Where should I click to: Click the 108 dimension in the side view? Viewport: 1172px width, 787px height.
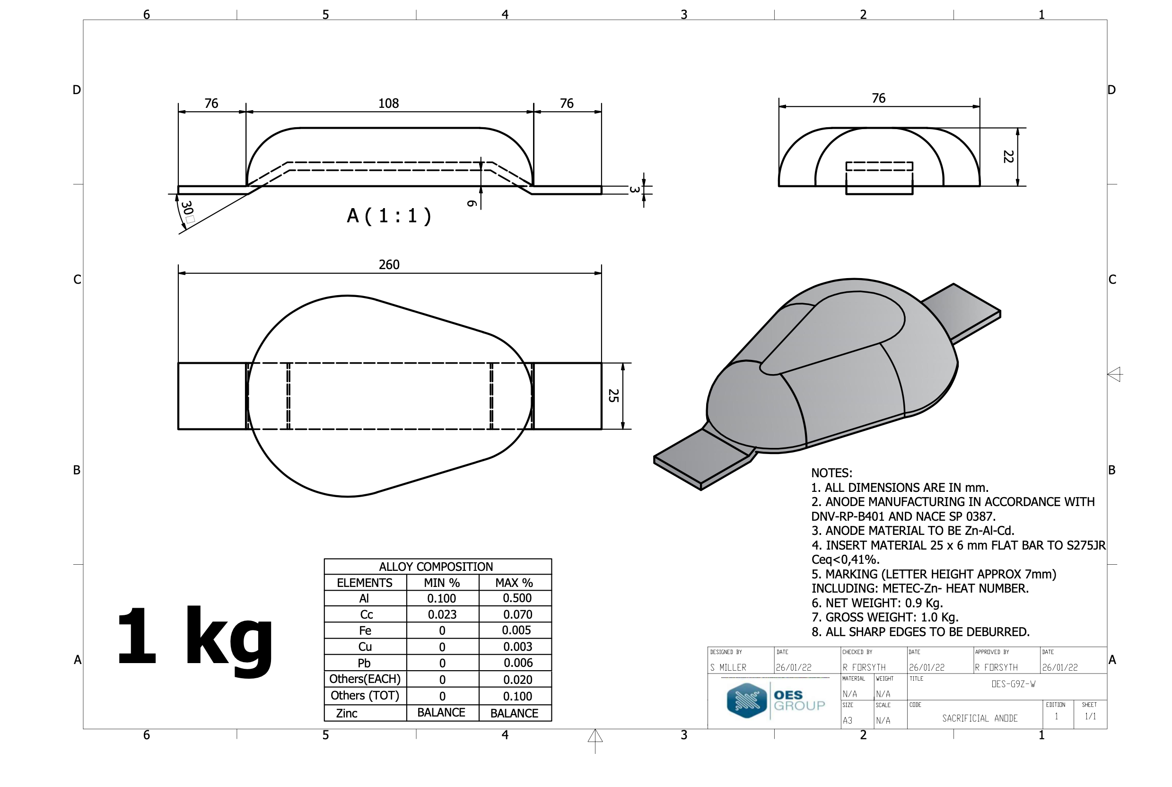388,104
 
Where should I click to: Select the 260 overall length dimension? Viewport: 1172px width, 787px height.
389,264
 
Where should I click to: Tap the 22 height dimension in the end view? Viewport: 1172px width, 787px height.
1008,157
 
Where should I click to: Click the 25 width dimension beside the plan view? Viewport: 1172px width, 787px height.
613,395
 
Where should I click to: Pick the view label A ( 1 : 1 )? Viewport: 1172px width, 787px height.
389,216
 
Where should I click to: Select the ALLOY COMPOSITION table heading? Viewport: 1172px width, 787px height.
436,567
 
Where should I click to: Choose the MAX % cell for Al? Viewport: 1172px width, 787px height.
517,598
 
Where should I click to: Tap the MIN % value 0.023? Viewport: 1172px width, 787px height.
442,614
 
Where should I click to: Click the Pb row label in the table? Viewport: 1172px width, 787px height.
364,663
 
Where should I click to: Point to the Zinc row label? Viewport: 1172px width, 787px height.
346,713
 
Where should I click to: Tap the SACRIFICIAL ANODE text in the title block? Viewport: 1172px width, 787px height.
980,718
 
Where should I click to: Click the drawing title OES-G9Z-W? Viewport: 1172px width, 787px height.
1014,684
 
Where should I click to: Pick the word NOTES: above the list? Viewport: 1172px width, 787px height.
831,473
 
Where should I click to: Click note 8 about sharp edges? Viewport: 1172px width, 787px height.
920,632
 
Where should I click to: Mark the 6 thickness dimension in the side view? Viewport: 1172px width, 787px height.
472,203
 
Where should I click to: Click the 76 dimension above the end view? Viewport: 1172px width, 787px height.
878,98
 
